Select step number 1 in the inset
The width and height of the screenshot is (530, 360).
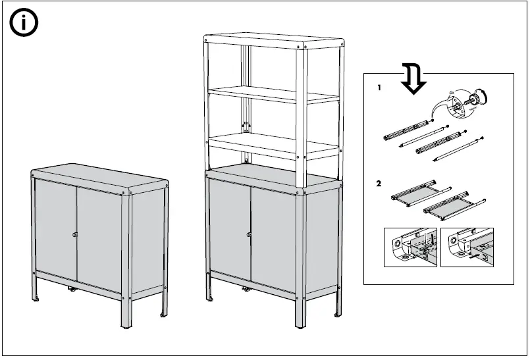(x=379, y=88)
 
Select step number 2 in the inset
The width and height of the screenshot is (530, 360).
(x=379, y=184)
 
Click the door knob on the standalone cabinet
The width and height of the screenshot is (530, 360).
(x=76, y=235)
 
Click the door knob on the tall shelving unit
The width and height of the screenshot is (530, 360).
(x=250, y=234)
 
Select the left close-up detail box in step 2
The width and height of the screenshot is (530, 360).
(x=410, y=247)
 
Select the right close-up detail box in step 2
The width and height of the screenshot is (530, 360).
(x=466, y=247)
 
